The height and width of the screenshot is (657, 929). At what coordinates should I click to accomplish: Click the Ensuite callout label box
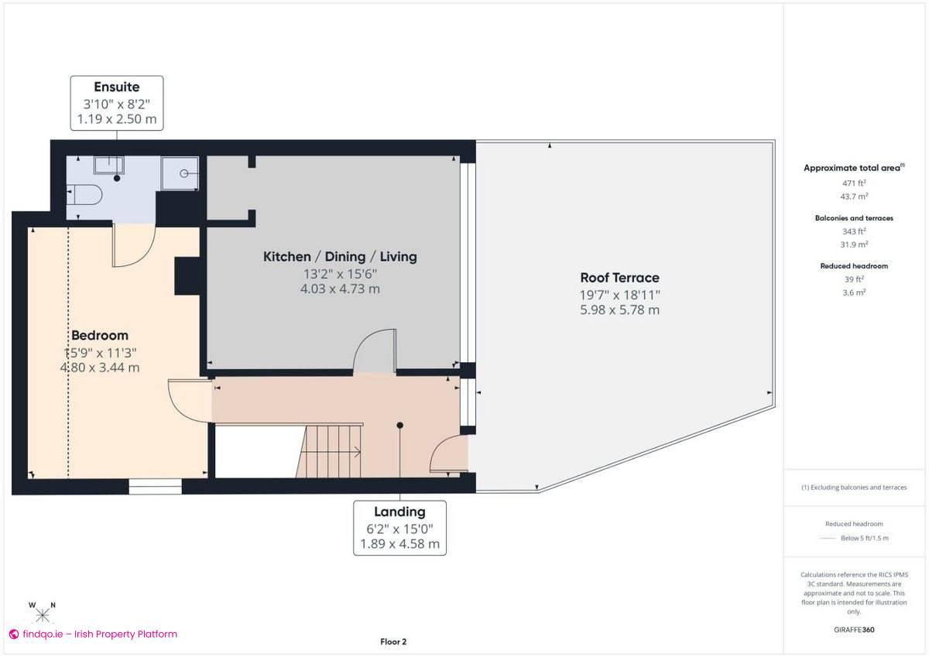(x=117, y=101)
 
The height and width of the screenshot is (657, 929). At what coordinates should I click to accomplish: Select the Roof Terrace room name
(x=619, y=278)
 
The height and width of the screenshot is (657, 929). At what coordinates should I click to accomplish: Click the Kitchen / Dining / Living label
(x=340, y=257)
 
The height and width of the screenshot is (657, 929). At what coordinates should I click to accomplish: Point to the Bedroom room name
(x=100, y=336)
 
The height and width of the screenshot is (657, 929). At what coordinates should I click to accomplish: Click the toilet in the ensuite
(x=85, y=195)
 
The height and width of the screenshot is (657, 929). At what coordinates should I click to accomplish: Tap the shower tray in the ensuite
(x=180, y=173)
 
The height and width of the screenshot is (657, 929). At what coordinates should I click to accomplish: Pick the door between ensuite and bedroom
(x=132, y=246)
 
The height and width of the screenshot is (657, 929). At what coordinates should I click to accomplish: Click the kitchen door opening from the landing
(x=375, y=353)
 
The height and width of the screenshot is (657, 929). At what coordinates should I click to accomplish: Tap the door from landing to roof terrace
(x=450, y=455)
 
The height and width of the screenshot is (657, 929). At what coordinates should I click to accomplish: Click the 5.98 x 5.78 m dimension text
(x=619, y=310)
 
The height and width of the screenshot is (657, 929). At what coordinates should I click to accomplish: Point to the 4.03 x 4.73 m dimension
(x=340, y=289)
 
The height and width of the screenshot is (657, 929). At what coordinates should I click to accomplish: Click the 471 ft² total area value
(x=853, y=183)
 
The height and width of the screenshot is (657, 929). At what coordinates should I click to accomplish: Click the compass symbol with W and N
(x=43, y=614)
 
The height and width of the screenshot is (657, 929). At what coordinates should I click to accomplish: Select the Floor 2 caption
(x=393, y=642)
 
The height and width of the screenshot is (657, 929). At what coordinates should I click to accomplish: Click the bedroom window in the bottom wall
(x=155, y=487)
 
